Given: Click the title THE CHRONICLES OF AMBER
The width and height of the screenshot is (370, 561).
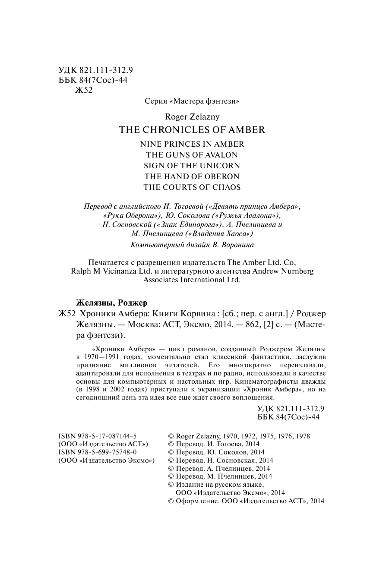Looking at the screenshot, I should coord(192,129).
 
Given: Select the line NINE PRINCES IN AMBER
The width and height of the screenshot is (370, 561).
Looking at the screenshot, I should coord(192,144).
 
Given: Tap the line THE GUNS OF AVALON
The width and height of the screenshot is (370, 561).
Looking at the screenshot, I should coord(192,154).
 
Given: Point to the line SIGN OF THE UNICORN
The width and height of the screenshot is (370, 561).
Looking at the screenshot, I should coord(192,166).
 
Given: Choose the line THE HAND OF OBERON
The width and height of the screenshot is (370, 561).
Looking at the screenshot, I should coord(192,176).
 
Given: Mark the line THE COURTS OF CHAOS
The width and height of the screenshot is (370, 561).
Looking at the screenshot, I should coord(192,187).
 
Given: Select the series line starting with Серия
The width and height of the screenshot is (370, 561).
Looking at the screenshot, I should coord(192,102).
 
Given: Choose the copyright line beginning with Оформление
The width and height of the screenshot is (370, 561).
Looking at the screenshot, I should coord(246,501).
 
